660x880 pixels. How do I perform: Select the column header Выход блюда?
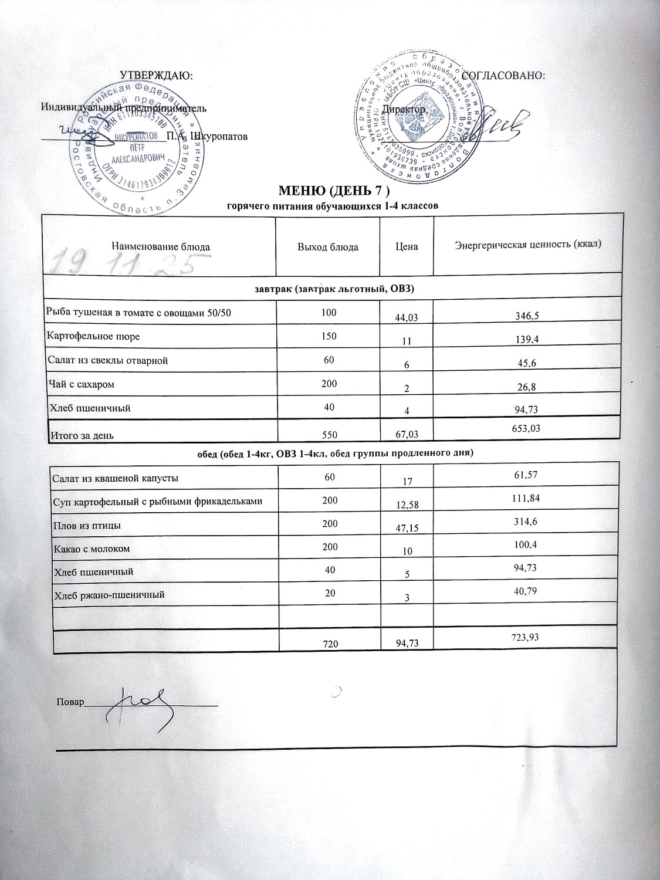click(328, 247)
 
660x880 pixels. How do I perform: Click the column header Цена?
click(407, 247)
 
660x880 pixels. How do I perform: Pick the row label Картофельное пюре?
click(93, 337)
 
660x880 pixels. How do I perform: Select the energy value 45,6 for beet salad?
click(525, 364)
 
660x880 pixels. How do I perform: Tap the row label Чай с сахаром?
click(81, 385)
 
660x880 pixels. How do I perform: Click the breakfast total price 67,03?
click(407, 434)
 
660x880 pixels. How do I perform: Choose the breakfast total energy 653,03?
click(525, 429)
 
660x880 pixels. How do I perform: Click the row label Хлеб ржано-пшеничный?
click(109, 595)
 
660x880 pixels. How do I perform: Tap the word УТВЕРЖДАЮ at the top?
click(156, 76)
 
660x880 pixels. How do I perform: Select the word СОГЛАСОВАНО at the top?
click(504, 76)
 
